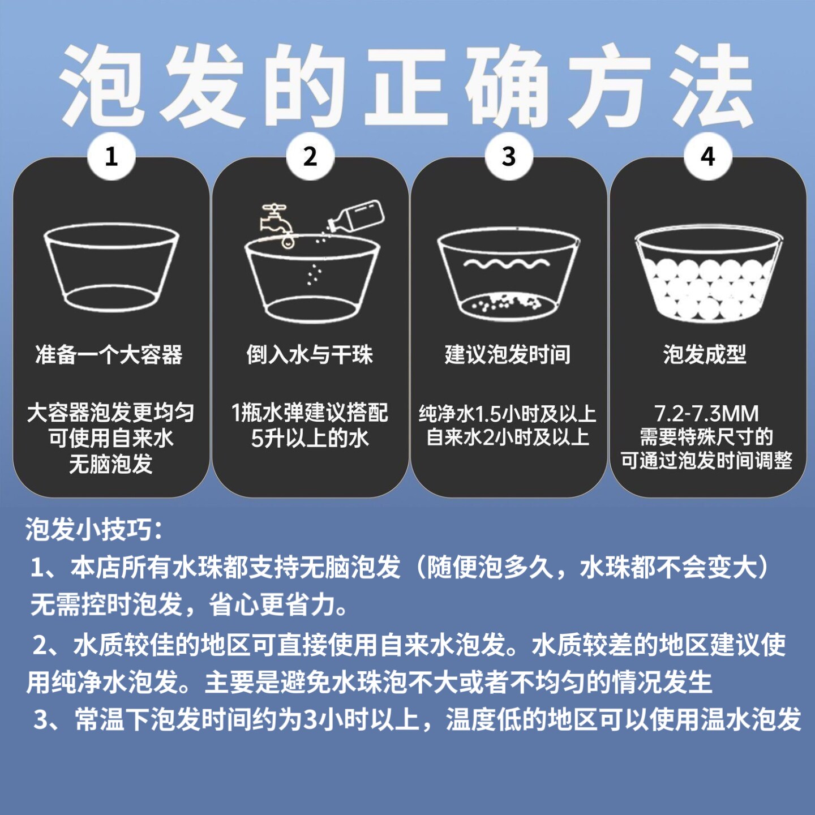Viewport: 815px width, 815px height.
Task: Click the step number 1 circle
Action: pos(111,156)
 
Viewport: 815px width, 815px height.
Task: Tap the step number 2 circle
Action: pos(310,156)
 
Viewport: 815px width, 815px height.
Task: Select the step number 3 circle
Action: pos(509,156)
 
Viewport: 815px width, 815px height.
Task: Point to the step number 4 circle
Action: pos(707,156)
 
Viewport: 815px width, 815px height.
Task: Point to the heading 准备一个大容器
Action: pos(109,355)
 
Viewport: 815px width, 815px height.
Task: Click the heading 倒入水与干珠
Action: pos(310,355)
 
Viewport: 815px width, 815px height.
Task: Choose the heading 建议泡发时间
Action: pos(508,355)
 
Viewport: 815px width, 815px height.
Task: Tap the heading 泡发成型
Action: pos(705,355)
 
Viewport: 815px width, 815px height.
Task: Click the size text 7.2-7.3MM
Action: pos(706,414)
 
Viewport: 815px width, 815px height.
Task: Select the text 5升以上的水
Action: pos(310,438)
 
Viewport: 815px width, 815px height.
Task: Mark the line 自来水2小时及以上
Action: pos(508,437)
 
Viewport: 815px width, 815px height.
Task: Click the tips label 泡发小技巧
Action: pos(94,530)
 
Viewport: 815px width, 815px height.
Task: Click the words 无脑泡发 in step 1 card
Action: pos(111,465)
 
